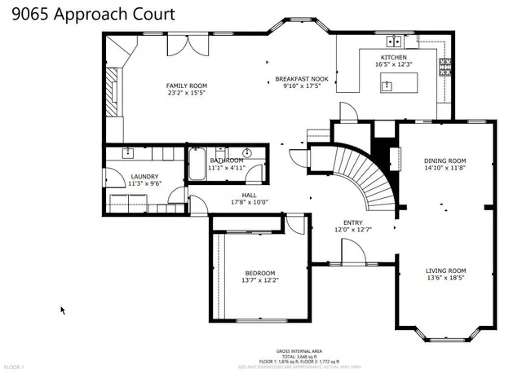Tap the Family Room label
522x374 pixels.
point(187,86)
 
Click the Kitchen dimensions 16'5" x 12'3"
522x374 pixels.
point(393,64)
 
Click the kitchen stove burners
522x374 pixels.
point(445,66)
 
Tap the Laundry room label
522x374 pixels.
point(144,177)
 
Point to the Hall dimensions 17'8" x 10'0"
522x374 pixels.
point(243,202)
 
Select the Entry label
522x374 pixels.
point(352,222)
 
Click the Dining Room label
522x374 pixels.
point(445,161)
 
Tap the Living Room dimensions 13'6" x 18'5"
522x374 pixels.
point(445,278)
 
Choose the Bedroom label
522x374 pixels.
point(260,273)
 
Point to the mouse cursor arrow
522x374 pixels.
point(63,310)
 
